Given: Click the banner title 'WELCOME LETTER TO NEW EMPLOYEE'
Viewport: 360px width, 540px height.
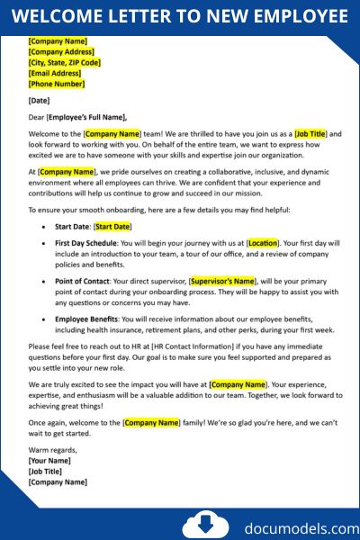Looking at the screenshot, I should pyautogui.click(x=180, y=16).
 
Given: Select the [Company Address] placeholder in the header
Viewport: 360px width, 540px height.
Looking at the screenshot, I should pyautogui.click(x=61, y=52).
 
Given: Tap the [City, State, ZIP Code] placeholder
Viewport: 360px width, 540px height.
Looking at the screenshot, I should pyautogui.click(x=65, y=63).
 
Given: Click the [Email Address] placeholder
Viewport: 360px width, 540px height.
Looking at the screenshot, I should pyautogui.click(x=56, y=74).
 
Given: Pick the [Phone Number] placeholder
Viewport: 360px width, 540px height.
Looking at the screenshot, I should pyautogui.click(x=57, y=85).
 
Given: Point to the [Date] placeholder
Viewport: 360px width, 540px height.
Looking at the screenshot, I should pyautogui.click(x=40, y=101).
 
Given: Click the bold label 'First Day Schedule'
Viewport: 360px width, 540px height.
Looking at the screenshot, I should pyautogui.click(x=88, y=243).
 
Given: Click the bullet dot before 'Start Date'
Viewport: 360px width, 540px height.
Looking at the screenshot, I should pyautogui.click(x=44, y=227).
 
